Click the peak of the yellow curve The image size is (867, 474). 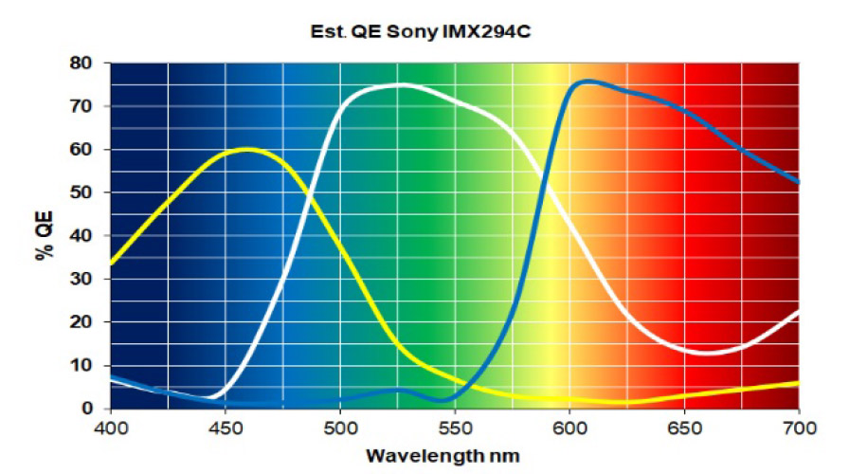click(x=248, y=150)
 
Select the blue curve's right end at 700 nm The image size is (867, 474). click(x=798, y=181)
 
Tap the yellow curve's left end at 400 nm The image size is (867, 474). click(x=112, y=264)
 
